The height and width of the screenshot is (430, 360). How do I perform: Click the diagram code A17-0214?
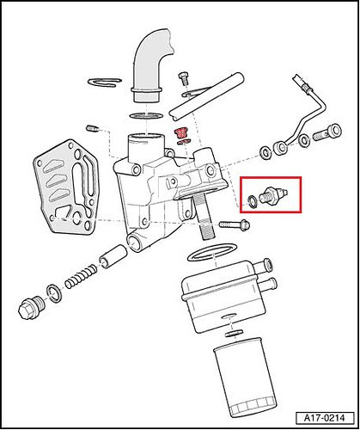(x=325, y=418)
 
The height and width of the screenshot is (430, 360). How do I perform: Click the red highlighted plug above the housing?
(x=180, y=132)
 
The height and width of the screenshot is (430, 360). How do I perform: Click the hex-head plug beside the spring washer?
(x=31, y=306)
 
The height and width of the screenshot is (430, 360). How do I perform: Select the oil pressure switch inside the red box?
(x=273, y=195)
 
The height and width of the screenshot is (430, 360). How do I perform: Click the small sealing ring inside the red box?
(x=252, y=201)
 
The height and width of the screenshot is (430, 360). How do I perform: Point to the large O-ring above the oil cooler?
(x=212, y=253)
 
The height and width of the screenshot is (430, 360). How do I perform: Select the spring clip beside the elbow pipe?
(x=105, y=82)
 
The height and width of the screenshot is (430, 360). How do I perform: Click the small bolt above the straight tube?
(x=183, y=78)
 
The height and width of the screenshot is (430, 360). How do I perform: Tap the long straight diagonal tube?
(x=206, y=97)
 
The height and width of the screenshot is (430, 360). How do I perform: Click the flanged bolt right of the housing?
(x=235, y=224)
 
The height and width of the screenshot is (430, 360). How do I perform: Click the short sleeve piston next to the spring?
(x=113, y=256)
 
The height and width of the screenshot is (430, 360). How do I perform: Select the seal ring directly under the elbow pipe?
(x=146, y=116)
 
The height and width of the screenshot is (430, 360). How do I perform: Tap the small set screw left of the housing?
(x=93, y=128)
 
